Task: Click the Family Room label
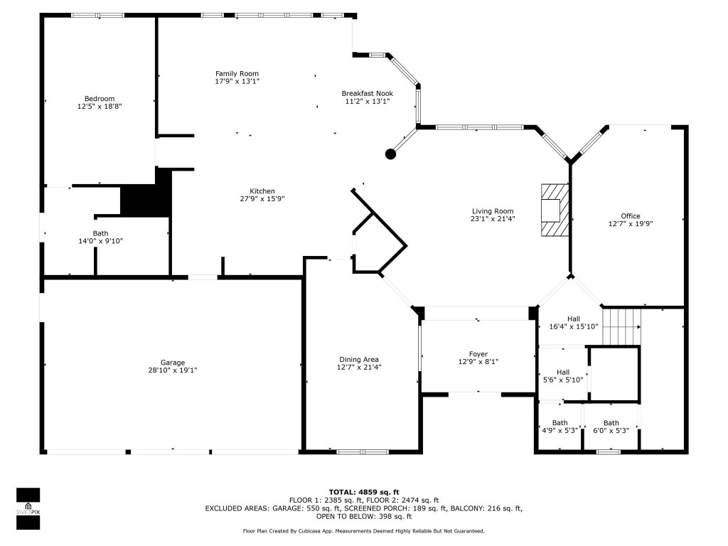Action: pyautogui.click(x=237, y=73)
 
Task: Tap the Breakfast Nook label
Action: pyautogui.click(x=367, y=93)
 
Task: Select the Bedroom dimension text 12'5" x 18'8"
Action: pyautogui.click(x=99, y=107)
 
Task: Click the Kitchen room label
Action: pyautogui.click(x=262, y=191)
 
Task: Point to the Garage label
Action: pyautogui.click(x=172, y=362)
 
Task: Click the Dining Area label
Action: pyautogui.click(x=358, y=359)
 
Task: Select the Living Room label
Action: pyautogui.click(x=493, y=211)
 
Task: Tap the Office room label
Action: pyautogui.click(x=630, y=216)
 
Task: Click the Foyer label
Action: pyautogui.click(x=478, y=353)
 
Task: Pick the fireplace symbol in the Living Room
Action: pyautogui.click(x=554, y=210)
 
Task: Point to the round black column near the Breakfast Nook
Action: pyautogui.click(x=390, y=154)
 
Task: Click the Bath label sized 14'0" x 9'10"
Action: pyautogui.click(x=100, y=233)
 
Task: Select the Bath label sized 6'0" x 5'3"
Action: pyautogui.click(x=611, y=422)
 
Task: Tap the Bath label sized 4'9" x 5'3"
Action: pyautogui.click(x=560, y=422)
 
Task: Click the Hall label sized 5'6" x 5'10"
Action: pyautogui.click(x=562, y=372)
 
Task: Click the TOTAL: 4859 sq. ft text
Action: pyautogui.click(x=363, y=492)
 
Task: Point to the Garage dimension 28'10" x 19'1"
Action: pyautogui.click(x=172, y=370)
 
